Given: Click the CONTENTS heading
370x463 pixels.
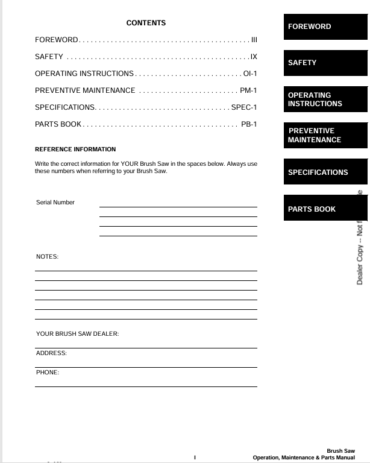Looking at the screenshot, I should tap(146, 23).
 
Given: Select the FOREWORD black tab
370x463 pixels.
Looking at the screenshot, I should tap(325, 27).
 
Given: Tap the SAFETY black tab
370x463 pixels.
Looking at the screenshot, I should tap(325, 63).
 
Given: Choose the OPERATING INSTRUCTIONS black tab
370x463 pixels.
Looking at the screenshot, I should tap(325, 99).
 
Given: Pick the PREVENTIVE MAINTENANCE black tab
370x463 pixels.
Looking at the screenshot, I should tap(325, 136).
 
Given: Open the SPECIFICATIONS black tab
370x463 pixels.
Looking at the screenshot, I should tap(325, 172).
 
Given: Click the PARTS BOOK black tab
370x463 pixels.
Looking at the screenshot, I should tap(325, 209).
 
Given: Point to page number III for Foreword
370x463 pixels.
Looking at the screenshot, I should tap(254, 40).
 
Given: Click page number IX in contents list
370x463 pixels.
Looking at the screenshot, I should tap(254, 57).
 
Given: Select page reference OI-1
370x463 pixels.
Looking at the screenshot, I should tap(250, 74).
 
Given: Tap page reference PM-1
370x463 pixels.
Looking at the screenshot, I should tap(248, 90).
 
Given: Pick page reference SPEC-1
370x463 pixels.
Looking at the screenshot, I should tap(244, 107).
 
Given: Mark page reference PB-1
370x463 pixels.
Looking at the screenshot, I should tap(249, 124).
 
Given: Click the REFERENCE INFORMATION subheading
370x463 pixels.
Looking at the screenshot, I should tap(75, 149).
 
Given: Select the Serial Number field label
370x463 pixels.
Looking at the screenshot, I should tap(55, 203).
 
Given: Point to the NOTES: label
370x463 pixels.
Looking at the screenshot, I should tap(47, 257).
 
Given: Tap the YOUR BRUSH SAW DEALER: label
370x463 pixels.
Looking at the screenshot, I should tap(77, 334).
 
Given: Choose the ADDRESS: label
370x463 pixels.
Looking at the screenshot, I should tap(51, 353).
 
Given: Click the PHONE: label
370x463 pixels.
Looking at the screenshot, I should tap(48, 373).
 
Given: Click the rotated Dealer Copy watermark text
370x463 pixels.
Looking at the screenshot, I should tap(360, 241).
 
